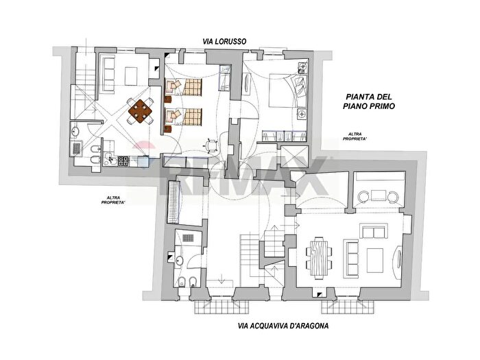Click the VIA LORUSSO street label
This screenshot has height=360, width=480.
(224, 41)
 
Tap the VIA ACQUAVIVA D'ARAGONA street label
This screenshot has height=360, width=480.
(283, 326)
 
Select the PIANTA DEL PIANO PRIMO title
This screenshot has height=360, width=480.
(369, 101)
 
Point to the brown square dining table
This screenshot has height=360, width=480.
(141, 111)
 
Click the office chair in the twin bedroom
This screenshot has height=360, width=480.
(211, 145)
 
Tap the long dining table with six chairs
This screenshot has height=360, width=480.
(319, 258)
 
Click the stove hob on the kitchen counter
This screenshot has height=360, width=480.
(123, 161)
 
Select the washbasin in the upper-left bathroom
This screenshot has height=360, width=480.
(75, 132)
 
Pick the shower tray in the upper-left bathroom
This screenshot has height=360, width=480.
(77, 149)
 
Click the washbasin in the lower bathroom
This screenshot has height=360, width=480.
(179, 261)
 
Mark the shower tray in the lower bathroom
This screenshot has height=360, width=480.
(188, 237)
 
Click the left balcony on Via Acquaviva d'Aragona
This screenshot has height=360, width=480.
(221, 307)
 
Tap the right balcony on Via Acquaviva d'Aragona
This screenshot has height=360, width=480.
(348, 307)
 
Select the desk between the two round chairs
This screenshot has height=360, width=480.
(379, 195)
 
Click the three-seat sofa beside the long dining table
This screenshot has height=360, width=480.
(352, 259)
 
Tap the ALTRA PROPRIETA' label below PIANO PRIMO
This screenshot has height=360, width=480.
(355, 136)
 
